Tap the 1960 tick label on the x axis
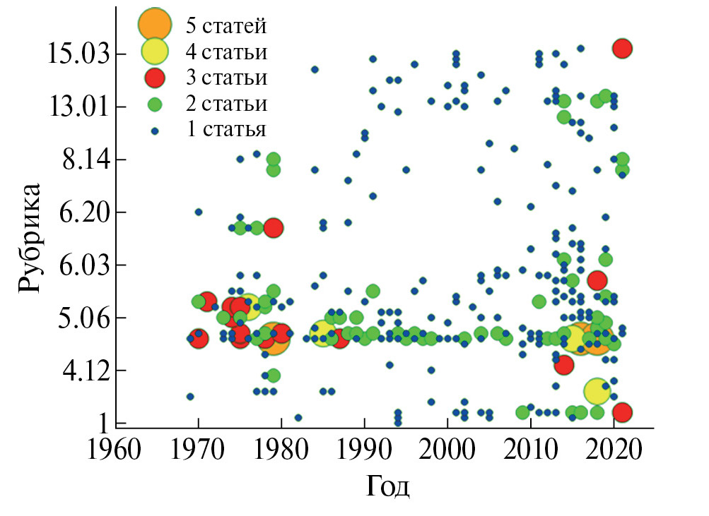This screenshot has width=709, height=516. (115, 450)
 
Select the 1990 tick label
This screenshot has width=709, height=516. (364, 450)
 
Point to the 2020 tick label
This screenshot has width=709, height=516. (614, 450)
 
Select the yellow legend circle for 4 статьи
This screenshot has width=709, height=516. (154, 51)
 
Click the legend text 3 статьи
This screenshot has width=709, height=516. (226, 77)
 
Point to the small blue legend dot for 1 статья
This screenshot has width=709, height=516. (154, 131)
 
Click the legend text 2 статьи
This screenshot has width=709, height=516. (226, 104)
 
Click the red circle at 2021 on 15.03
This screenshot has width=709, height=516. (622, 49)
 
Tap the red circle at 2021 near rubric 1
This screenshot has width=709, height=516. (622, 412)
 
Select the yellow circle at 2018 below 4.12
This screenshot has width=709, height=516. (597, 390)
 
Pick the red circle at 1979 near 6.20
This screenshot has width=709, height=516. (274, 227)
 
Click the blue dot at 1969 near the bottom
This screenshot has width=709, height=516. (190, 397)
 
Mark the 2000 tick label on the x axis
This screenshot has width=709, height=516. (447, 450)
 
